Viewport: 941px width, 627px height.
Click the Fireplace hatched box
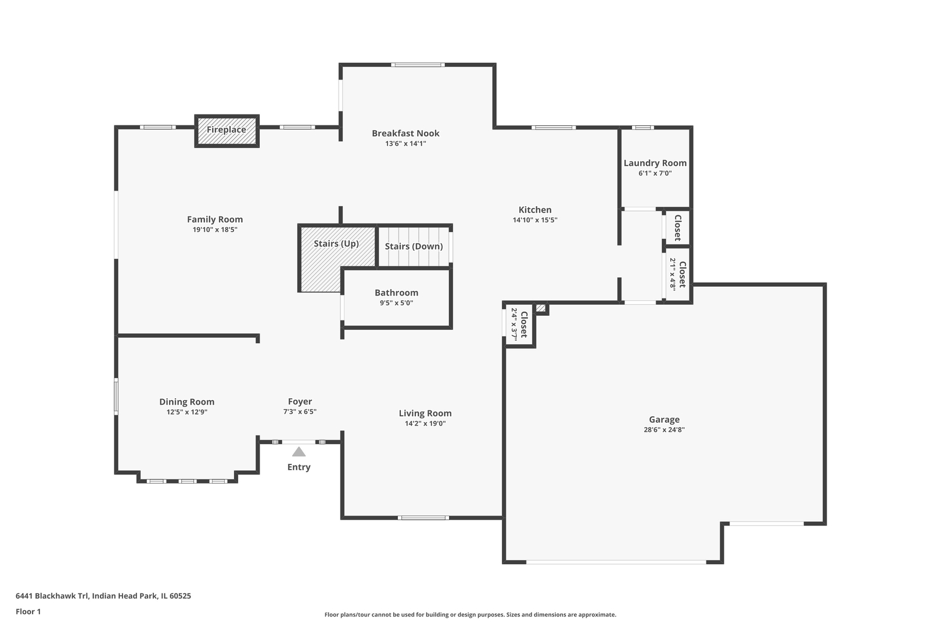click(227, 131)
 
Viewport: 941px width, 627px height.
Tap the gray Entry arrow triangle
click(299, 452)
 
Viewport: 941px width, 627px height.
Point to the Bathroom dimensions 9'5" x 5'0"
click(396, 303)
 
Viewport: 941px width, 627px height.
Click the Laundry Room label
click(655, 163)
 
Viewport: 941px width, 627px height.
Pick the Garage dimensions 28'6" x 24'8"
click(664, 430)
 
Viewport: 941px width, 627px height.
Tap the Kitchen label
click(535, 210)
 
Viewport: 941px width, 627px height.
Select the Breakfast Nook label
click(405, 134)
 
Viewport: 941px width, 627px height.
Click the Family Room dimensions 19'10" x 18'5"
click(215, 230)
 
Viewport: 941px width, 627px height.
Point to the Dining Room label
click(187, 402)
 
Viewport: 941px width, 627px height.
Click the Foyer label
click(300, 402)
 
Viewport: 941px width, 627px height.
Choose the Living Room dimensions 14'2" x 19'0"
click(425, 424)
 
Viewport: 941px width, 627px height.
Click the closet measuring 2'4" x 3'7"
click(519, 325)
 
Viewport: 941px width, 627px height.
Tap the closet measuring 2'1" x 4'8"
click(678, 274)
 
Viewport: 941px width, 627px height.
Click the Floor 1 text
click(28, 611)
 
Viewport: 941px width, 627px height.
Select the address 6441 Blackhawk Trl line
click(103, 596)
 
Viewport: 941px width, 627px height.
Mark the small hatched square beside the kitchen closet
click(541, 308)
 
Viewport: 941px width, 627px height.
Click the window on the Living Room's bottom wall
click(423, 517)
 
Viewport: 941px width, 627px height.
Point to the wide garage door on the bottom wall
click(616, 562)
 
